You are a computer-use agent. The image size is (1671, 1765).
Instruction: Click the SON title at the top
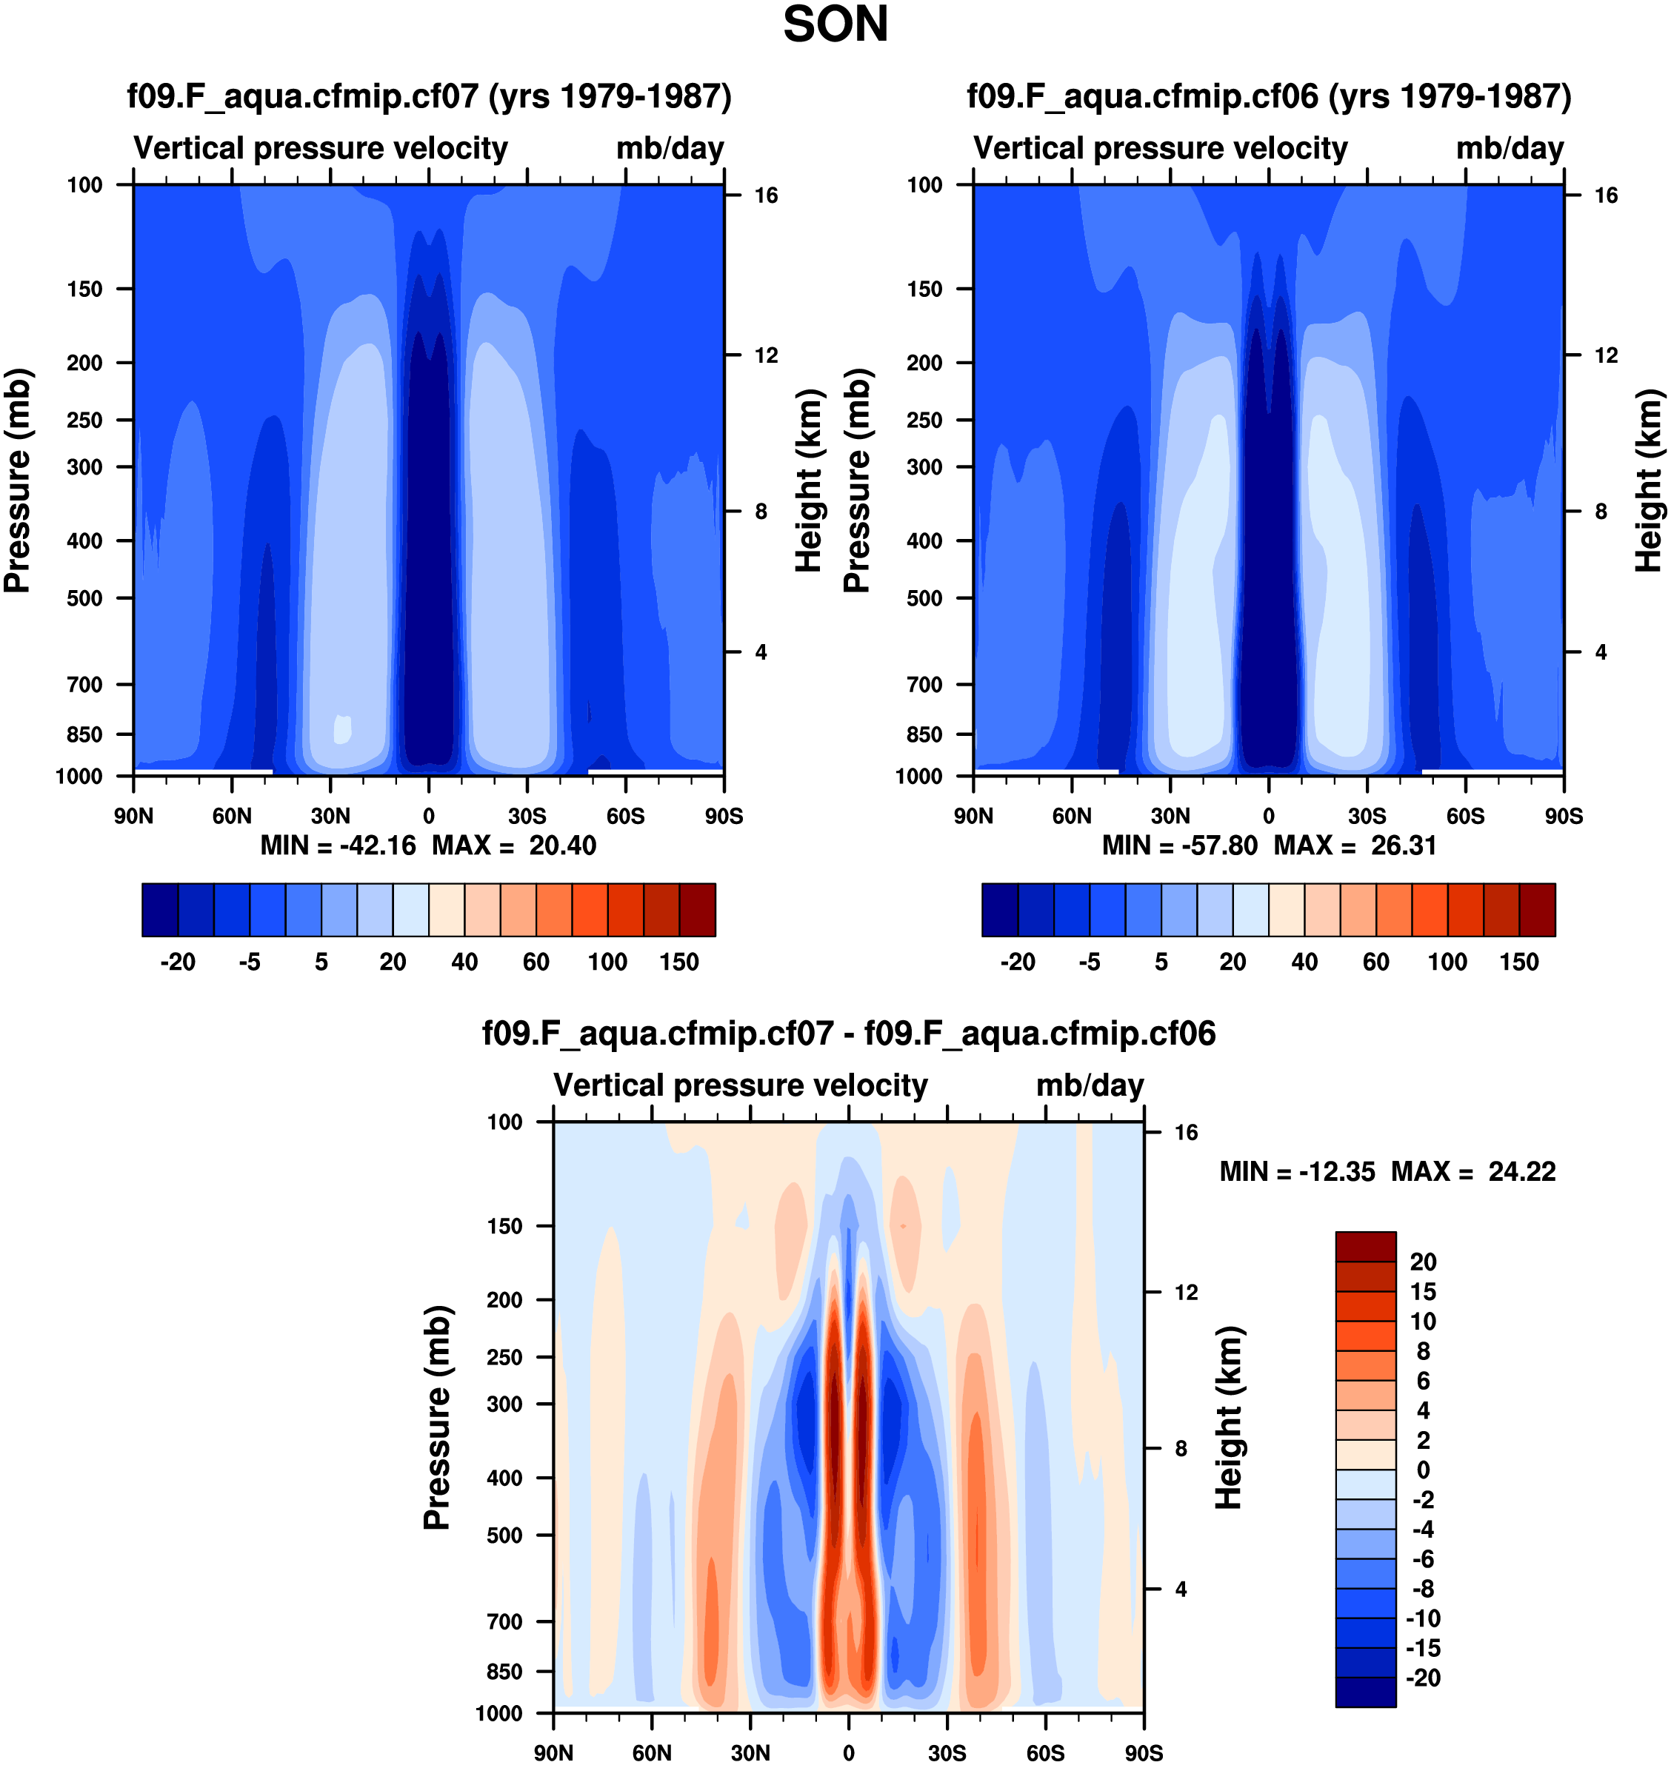coord(835,25)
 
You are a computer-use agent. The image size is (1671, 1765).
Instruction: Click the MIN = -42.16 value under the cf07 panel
coord(338,845)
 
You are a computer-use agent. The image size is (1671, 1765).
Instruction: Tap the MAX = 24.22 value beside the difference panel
coord(1473,1171)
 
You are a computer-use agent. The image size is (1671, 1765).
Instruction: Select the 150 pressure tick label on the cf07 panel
coord(84,289)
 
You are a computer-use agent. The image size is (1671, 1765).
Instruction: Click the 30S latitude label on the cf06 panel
coord(1367,816)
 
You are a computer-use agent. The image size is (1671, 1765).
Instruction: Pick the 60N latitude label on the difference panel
coord(651,1752)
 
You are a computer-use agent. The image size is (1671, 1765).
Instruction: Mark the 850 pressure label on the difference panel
coord(504,1672)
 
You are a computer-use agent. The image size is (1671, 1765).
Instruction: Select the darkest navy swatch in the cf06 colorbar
coord(999,909)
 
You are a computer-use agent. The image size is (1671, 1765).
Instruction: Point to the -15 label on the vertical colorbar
coord(1422,1647)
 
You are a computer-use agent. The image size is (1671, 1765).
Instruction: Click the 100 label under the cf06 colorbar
coord(1447,962)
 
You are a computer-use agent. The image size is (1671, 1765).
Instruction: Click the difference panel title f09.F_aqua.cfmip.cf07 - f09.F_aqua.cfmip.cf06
coord(849,1033)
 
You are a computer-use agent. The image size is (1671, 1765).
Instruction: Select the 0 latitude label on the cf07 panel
coord(428,816)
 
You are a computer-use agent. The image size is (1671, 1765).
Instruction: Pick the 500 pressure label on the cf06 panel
coord(924,597)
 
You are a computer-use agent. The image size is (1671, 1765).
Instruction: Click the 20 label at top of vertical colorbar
coord(1422,1262)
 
